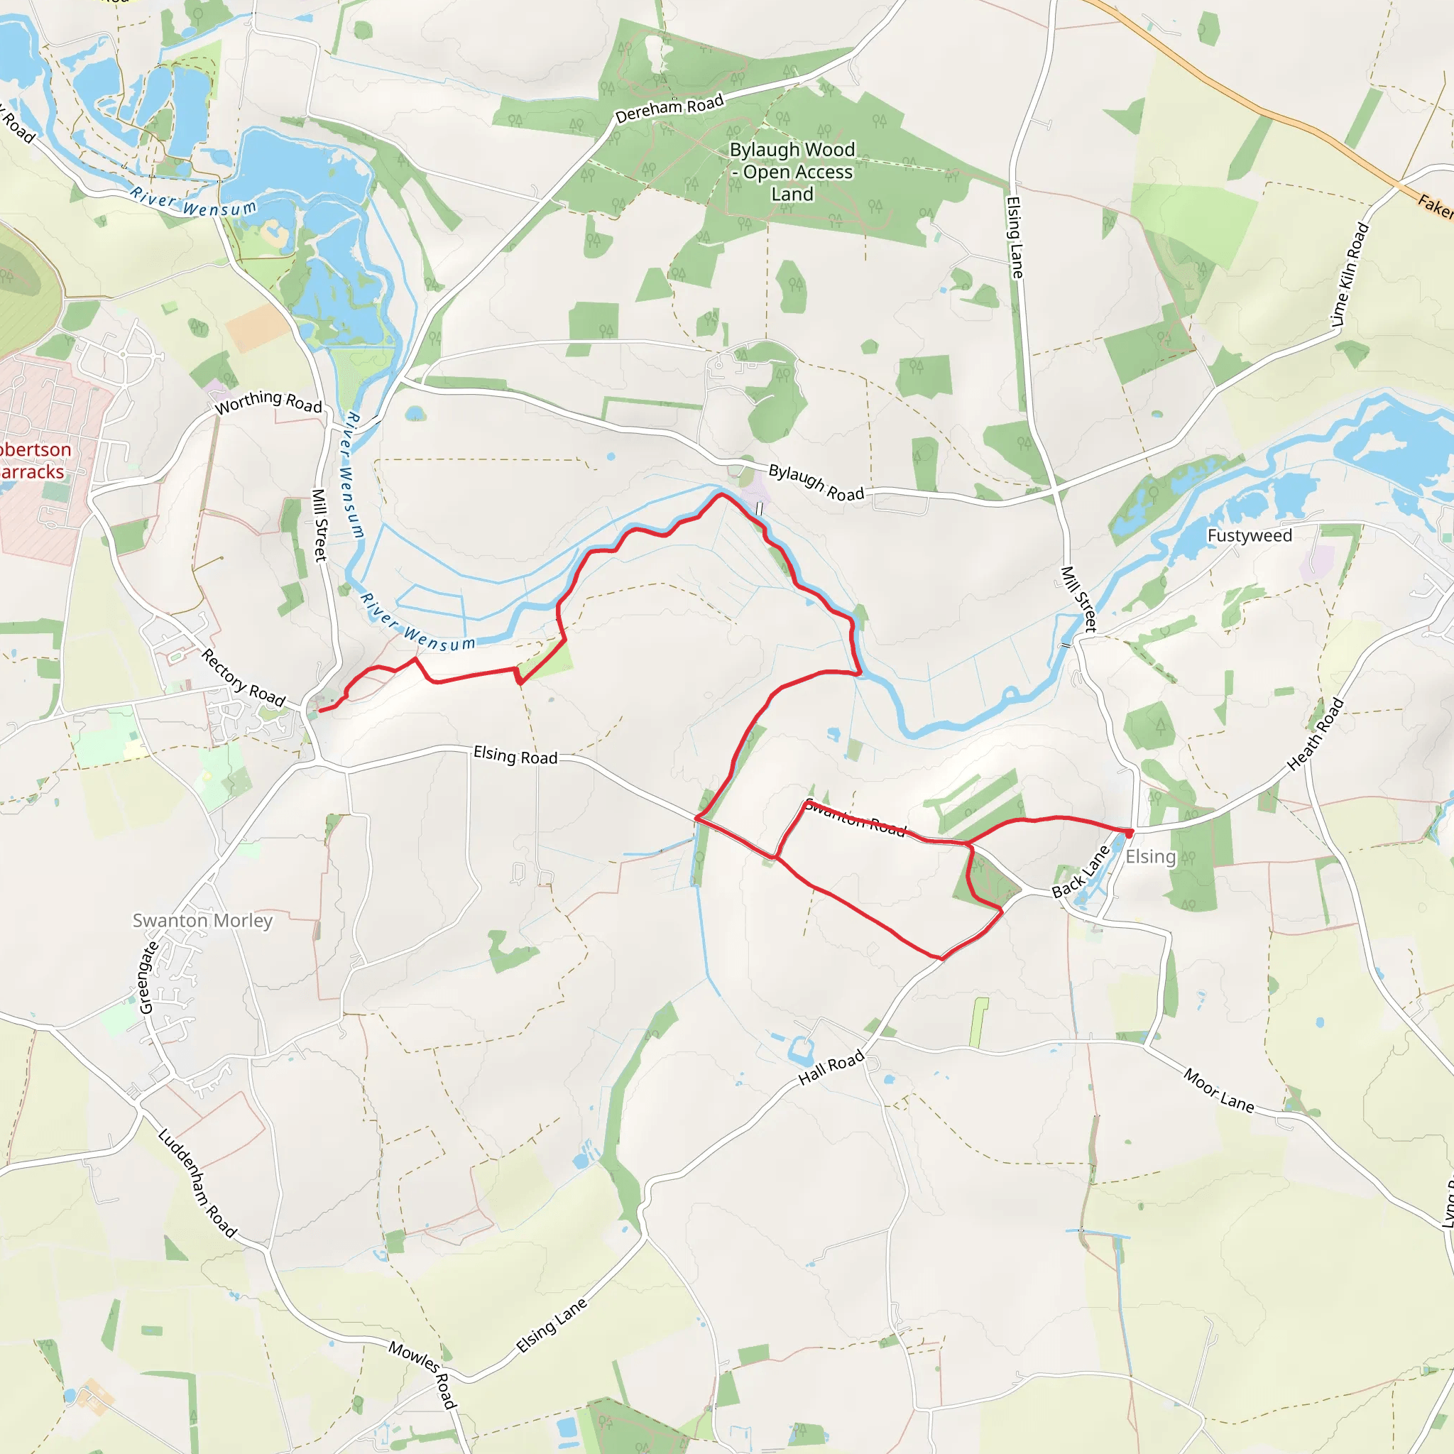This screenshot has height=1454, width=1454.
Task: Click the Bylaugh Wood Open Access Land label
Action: click(x=792, y=172)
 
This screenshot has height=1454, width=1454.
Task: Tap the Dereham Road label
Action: click(x=669, y=109)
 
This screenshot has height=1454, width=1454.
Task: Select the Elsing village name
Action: click(x=1150, y=856)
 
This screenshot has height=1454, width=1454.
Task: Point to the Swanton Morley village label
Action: click(x=202, y=920)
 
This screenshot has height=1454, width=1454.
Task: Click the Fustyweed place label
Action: click(x=1250, y=536)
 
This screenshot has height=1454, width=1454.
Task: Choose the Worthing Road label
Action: click(x=268, y=402)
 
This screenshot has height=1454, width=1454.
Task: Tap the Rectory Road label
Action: click(x=243, y=679)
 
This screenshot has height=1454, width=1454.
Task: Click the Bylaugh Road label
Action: click(x=816, y=482)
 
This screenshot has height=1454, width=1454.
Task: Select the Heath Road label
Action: click(x=1315, y=735)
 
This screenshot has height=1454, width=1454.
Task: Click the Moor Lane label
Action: click(x=1218, y=1090)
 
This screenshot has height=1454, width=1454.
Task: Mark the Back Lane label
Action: click(x=1081, y=872)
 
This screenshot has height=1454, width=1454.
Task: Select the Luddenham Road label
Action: click(x=198, y=1182)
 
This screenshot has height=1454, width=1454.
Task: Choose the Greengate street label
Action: click(x=149, y=977)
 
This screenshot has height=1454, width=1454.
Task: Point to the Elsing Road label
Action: click(x=515, y=755)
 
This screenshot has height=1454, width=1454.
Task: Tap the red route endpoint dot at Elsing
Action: click(x=1129, y=832)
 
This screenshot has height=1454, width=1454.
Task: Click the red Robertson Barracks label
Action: click(x=33, y=461)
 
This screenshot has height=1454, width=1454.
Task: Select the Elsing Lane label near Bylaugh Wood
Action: click(x=1015, y=238)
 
